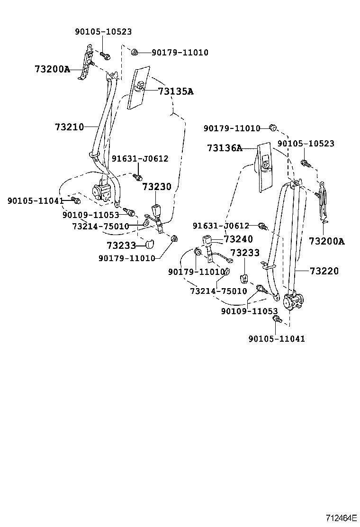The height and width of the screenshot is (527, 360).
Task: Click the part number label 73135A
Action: (175, 91)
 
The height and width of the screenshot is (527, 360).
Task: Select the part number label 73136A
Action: (224, 148)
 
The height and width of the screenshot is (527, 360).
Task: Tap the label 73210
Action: (69, 127)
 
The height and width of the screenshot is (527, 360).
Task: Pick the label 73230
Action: (157, 187)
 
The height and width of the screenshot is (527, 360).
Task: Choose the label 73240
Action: (238, 239)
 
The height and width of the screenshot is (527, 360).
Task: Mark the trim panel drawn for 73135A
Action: (138, 88)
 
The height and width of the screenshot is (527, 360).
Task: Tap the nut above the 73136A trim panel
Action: (272, 127)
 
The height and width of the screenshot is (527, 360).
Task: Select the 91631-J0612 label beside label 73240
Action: (221, 226)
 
